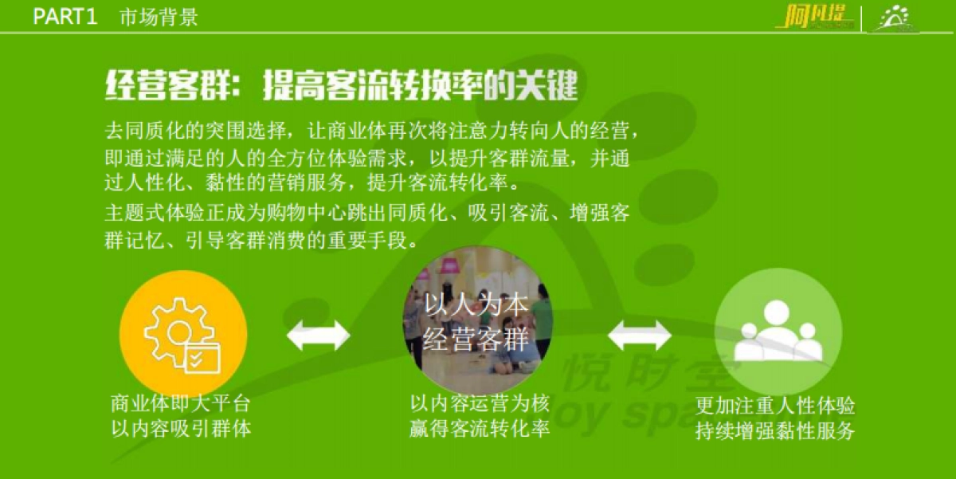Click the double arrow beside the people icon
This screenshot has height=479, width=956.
tap(639, 335)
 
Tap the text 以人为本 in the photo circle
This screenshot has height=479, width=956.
tap(476, 305)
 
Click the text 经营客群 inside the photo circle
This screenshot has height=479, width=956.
tap(476, 340)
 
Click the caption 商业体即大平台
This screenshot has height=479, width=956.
tap(181, 403)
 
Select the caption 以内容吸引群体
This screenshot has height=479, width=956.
tap(181, 429)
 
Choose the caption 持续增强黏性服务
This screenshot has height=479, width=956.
tap(774, 431)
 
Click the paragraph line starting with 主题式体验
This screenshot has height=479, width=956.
tap(367, 214)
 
